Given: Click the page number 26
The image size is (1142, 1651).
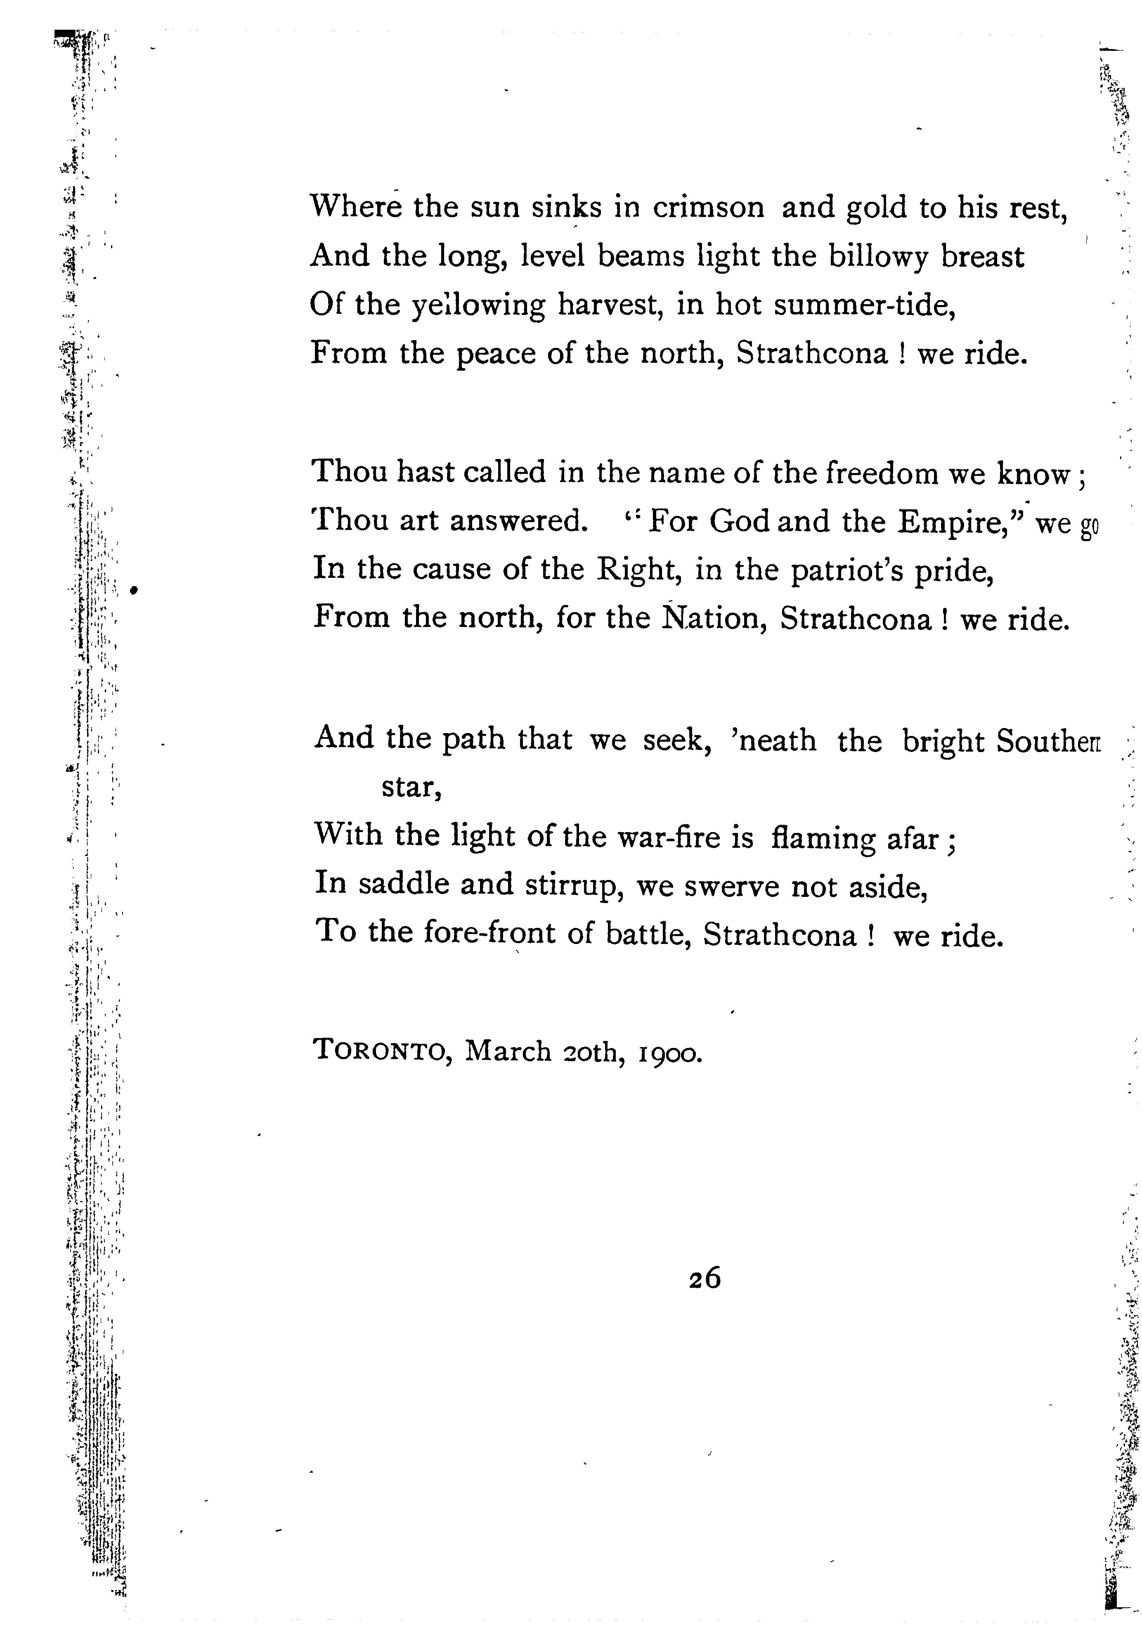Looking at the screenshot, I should click(x=705, y=1278).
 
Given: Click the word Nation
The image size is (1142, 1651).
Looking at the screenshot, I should click(x=711, y=618).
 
